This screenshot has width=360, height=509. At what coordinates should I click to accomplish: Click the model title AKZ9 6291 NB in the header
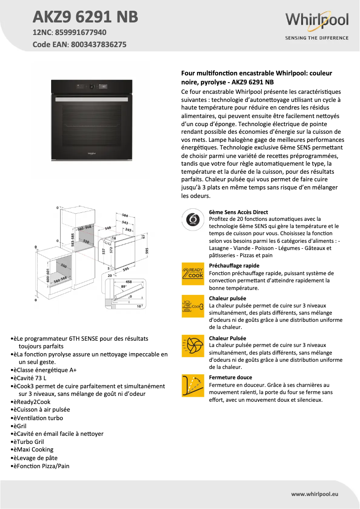tap(85, 17)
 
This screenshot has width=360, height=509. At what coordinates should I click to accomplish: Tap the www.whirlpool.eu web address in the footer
tap(315, 494)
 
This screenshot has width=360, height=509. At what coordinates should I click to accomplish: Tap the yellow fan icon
tap(193, 346)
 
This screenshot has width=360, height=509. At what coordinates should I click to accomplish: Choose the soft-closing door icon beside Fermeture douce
tap(193, 385)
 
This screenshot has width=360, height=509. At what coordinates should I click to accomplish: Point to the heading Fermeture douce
tap(230, 377)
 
